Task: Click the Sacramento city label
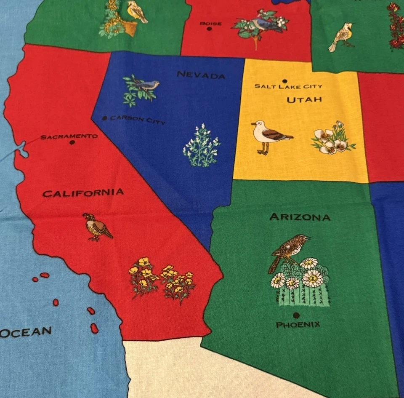tap(69, 136)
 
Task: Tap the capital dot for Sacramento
tap(72, 142)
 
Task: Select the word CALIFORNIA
tap(83, 193)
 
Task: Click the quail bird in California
tap(97, 227)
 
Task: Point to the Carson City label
tap(138, 120)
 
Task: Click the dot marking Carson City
tap(104, 118)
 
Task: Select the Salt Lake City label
tap(288, 86)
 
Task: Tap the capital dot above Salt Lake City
tap(285, 81)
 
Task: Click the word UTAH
tap(304, 100)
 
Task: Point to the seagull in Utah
tap(268, 136)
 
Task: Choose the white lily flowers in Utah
tap(332, 139)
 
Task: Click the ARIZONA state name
tap(300, 217)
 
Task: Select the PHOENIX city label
tap(298, 325)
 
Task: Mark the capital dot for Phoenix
tap(296, 315)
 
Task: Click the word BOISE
tap(210, 24)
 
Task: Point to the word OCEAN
tap(26, 332)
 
